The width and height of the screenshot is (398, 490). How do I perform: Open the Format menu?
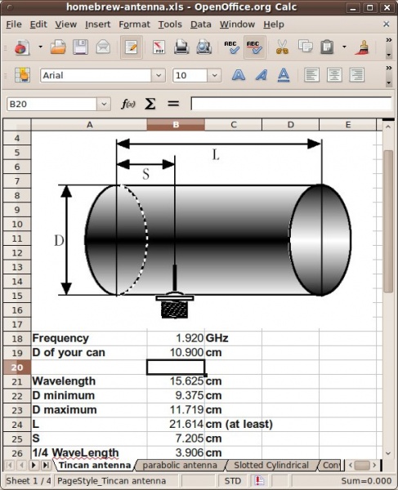[134, 24]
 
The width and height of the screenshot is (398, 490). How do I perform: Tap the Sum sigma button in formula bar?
[150, 104]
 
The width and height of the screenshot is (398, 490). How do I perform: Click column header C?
[233, 125]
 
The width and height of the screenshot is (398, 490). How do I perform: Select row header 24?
[16, 424]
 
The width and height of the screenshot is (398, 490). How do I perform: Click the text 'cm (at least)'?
[239, 424]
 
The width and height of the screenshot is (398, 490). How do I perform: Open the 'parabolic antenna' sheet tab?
[180, 465]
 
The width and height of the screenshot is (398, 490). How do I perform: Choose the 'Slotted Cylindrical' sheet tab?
[271, 465]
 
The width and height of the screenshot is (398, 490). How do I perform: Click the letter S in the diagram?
[145, 175]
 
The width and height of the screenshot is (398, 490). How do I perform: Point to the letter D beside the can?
[59, 240]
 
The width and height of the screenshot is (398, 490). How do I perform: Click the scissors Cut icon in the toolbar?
[282, 47]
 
